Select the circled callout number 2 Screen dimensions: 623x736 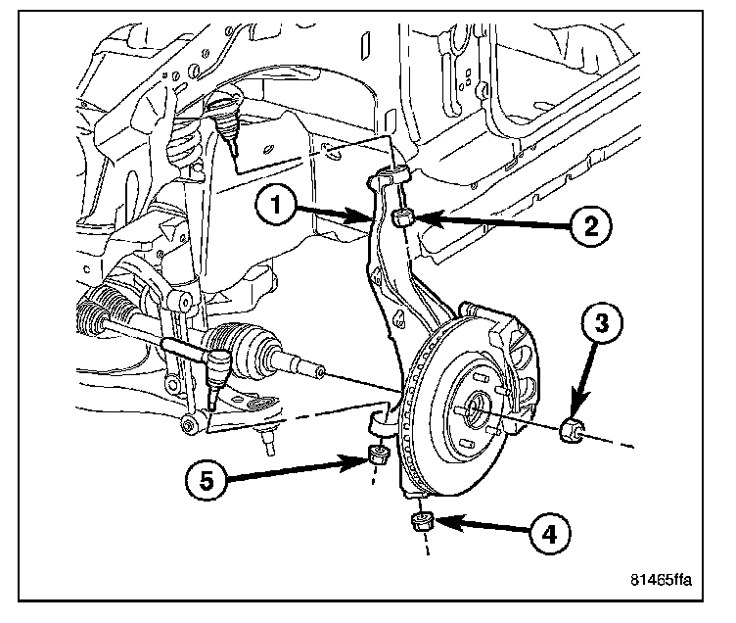click(x=590, y=225)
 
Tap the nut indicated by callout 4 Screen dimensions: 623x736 click(x=422, y=520)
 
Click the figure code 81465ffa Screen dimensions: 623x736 click(x=660, y=579)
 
